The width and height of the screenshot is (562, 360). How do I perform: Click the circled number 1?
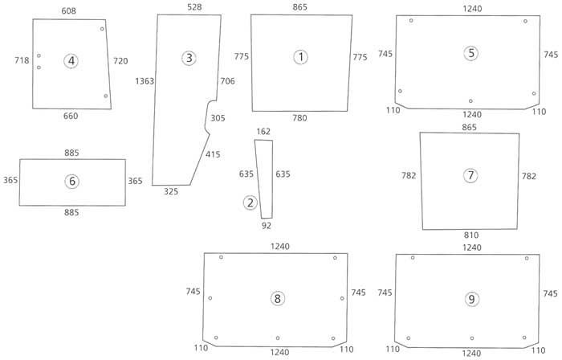pyautogui.click(x=300, y=57)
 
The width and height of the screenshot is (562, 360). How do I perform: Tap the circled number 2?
pyautogui.click(x=250, y=202)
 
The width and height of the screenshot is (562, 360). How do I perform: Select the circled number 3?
pyautogui.click(x=189, y=58)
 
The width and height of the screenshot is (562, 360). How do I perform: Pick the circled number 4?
pyautogui.click(x=72, y=61)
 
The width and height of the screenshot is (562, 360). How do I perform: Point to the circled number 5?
pyautogui.click(x=471, y=53)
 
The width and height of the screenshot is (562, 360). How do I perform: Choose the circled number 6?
pyautogui.click(x=72, y=182)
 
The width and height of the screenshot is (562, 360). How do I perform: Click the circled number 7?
pyautogui.click(x=470, y=176)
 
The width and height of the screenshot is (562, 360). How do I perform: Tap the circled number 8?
pyautogui.click(x=278, y=299)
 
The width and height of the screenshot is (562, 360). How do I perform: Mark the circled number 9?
pyautogui.click(x=471, y=299)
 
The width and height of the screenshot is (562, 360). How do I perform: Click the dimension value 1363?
pyautogui.click(x=145, y=81)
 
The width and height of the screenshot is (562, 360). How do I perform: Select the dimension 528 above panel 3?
pyautogui.click(x=194, y=6)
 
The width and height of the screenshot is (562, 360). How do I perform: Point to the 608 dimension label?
pyautogui.click(x=69, y=10)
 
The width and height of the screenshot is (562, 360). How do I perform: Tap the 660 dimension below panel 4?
pyautogui.click(x=71, y=117)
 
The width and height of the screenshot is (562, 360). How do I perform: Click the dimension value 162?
pyautogui.click(x=263, y=132)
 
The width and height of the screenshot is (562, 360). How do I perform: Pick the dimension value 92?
pyautogui.click(x=267, y=226)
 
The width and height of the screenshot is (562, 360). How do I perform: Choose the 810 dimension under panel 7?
pyautogui.click(x=471, y=235)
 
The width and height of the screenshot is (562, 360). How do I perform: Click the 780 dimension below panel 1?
pyautogui.click(x=299, y=118)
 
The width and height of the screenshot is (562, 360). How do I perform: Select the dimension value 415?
pyautogui.click(x=213, y=154)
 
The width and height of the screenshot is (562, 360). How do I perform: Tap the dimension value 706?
pyautogui.click(x=227, y=81)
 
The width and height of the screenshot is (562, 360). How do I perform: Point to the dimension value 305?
pyautogui.click(x=218, y=118)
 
